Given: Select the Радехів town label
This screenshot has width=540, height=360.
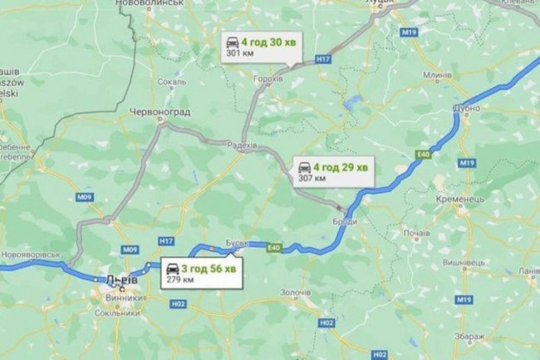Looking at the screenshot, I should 242,144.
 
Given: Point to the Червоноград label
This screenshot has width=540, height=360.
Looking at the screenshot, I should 160,111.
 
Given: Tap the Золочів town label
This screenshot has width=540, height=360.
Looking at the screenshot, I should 295,293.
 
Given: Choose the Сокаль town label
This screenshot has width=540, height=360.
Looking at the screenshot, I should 171,82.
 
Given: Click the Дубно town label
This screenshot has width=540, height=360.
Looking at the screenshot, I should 468,108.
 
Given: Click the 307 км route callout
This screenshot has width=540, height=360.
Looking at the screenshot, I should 332,171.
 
